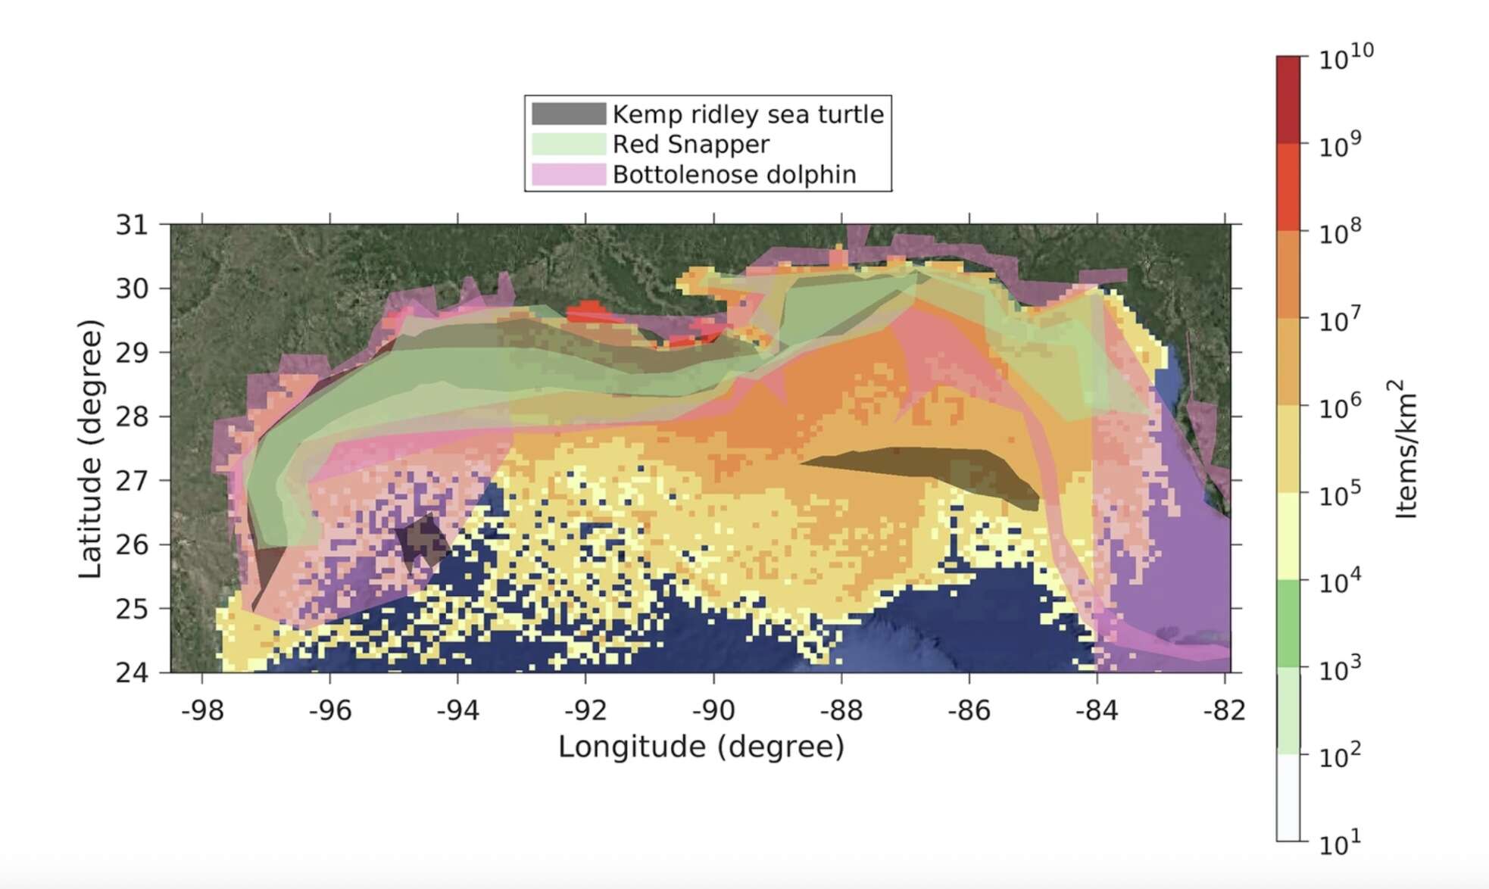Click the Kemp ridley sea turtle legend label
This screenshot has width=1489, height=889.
click(748, 114)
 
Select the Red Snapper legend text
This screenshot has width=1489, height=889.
click(690, 144)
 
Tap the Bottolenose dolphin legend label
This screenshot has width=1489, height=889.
click(734, 175)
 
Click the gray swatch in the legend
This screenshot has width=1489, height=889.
click(568, 114)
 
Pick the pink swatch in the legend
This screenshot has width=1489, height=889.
click(568, 175)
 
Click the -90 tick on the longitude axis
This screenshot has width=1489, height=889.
click(713, 710)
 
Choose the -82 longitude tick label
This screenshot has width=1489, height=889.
click(1224, 710)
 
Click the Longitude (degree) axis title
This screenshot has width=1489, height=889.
click(701, 747)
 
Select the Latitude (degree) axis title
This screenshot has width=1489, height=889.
click(90, 448)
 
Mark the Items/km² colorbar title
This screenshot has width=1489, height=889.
click(1404, 448)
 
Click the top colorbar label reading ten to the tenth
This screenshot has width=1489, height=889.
click(1345, 58)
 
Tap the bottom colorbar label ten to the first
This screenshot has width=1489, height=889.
click(1339, 843)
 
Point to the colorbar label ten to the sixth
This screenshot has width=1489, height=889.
click(1339, 406)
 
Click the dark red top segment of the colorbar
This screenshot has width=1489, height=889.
click(1288, 98)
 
